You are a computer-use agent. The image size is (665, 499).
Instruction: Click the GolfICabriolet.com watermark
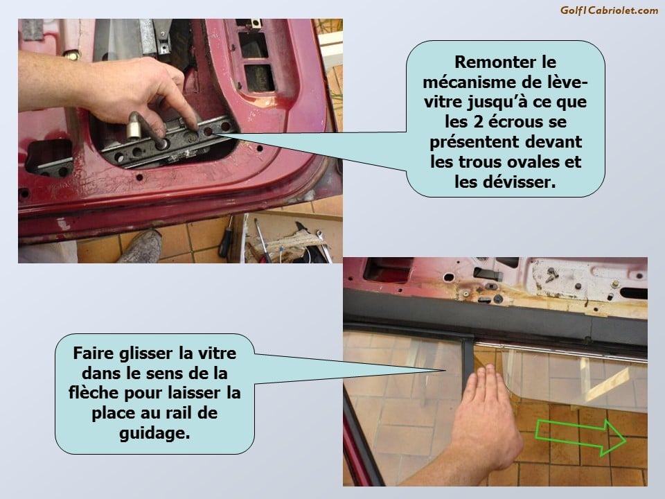(x=609, y=10)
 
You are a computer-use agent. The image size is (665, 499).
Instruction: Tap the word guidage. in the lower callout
(x=154, y=433)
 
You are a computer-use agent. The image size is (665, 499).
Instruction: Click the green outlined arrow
(x=580, y=437)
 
